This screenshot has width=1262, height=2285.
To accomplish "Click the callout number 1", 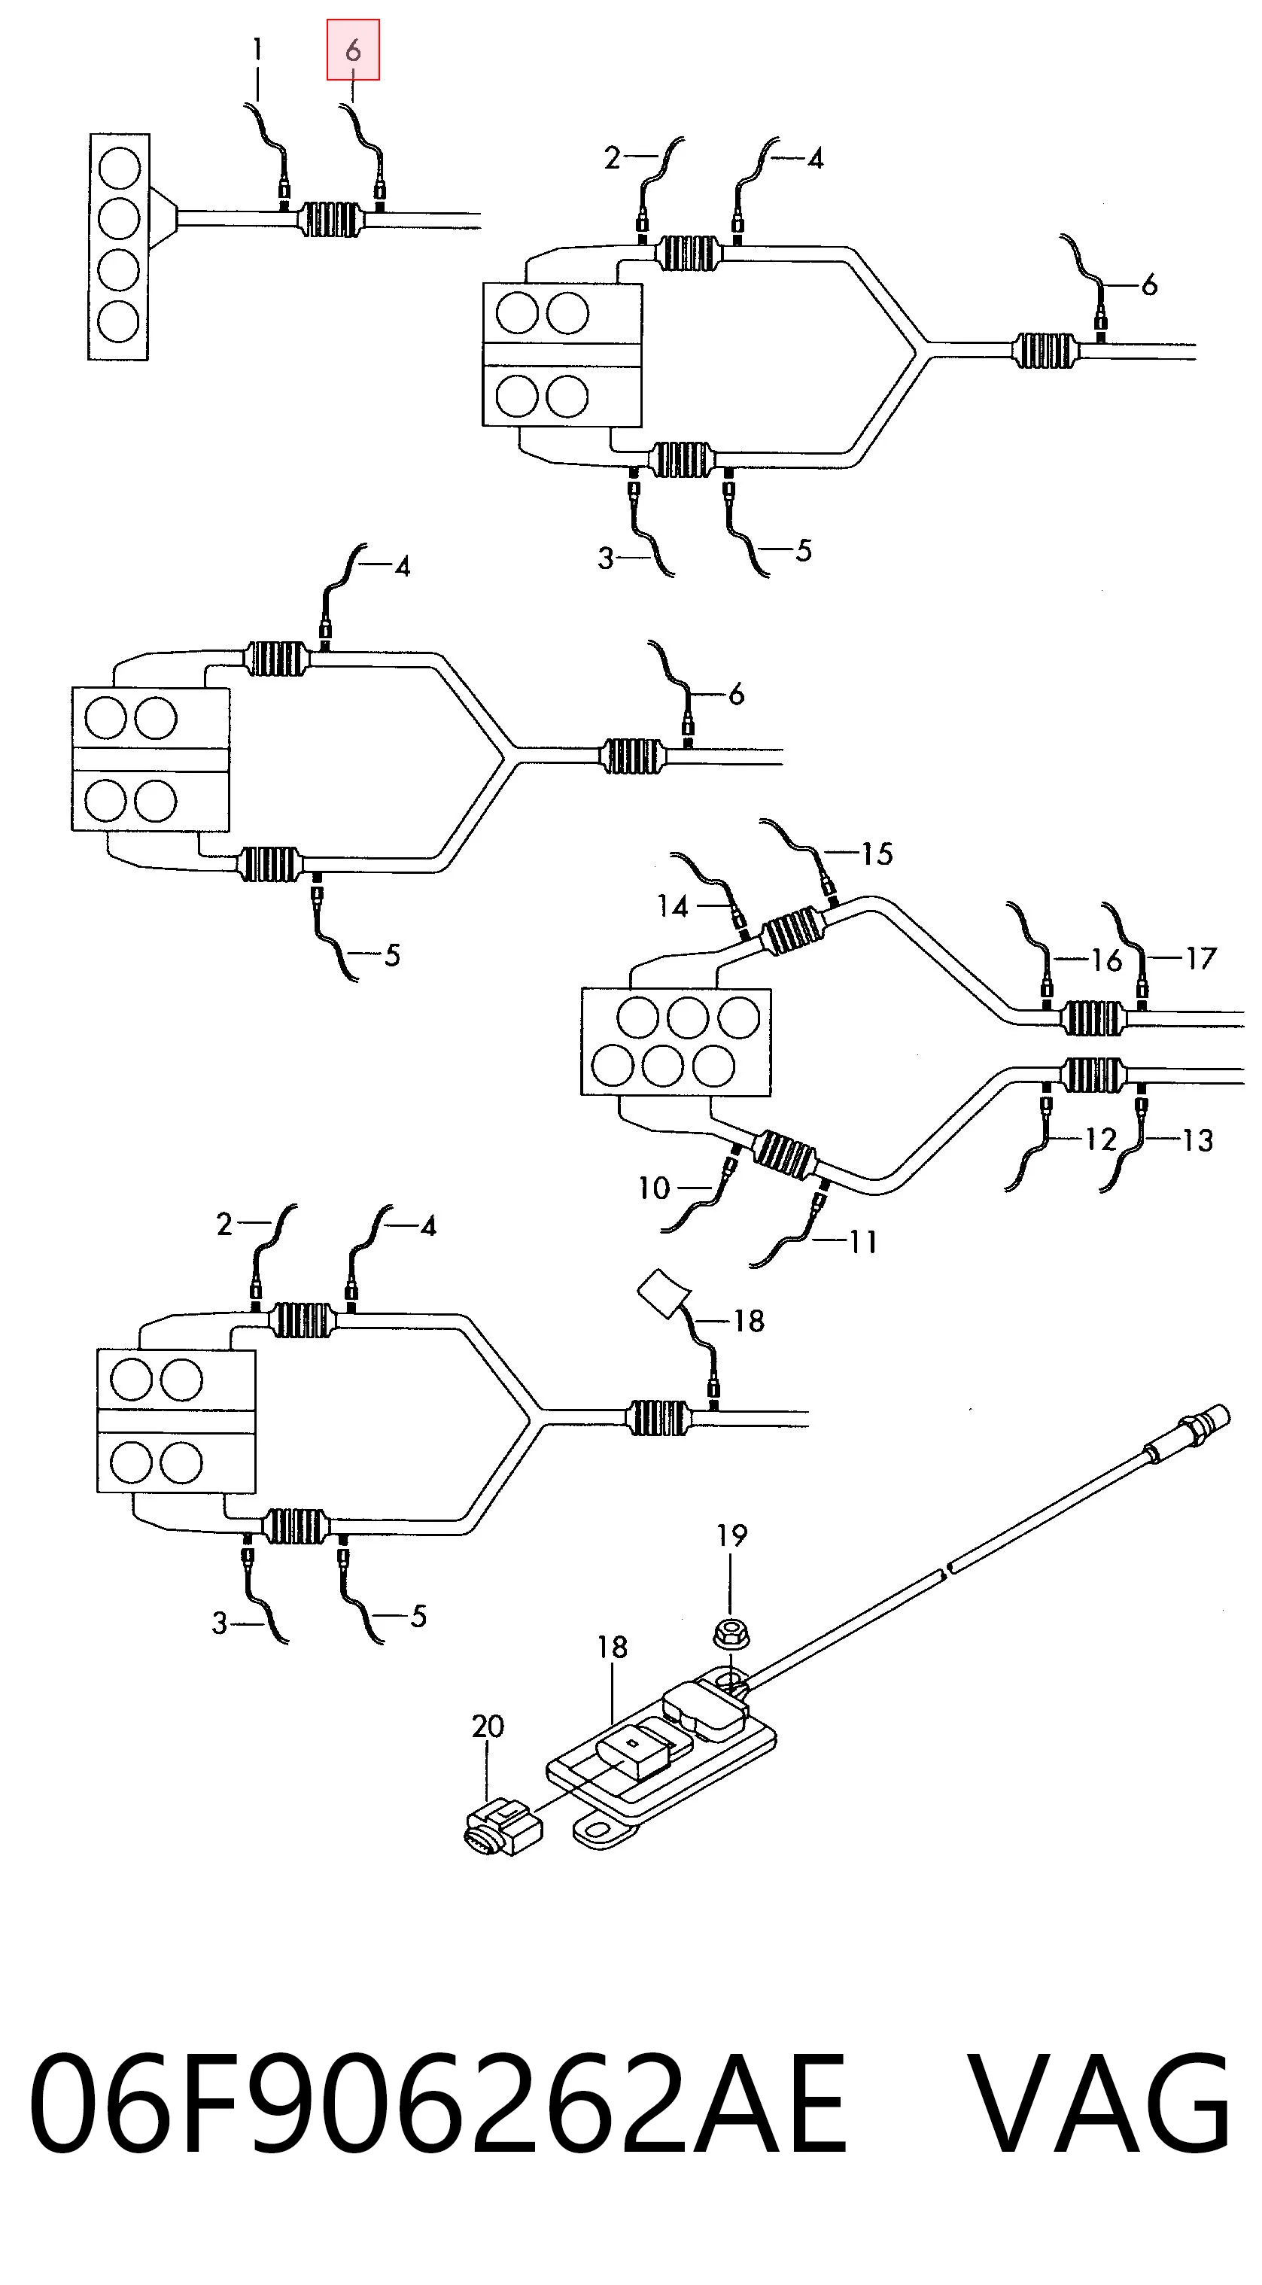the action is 257,50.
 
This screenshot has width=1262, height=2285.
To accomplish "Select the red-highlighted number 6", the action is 353,50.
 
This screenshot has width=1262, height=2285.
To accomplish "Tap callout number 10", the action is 654,1188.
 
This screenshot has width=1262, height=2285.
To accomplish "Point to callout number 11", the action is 863,1242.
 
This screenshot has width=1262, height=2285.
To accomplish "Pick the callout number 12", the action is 1101,1139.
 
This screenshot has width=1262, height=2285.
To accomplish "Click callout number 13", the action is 1197,1139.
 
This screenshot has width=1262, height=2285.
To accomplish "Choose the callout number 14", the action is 673,905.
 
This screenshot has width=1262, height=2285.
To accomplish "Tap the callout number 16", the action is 1106,959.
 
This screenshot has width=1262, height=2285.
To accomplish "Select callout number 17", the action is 1201,958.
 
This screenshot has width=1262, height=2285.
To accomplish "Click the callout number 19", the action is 731,1535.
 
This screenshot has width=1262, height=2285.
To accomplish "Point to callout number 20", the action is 488,1727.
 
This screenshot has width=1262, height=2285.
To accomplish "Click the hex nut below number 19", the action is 732,1633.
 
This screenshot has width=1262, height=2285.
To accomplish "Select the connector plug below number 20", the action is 503,1827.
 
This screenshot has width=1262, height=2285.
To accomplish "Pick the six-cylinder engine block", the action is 676,1042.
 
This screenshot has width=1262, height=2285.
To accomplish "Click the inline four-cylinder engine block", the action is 119,247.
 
